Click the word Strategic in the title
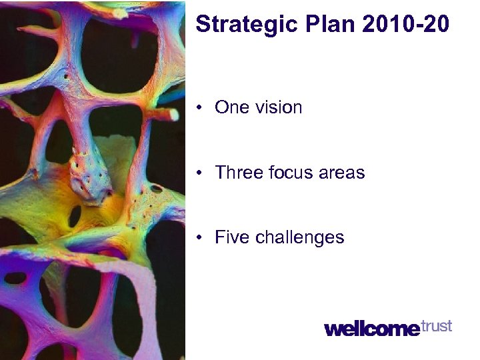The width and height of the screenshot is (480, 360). point(245,25)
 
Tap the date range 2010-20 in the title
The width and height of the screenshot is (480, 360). point(406,25)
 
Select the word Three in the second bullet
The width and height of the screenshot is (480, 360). point(235,173)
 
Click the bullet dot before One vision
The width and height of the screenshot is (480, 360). point(200,108)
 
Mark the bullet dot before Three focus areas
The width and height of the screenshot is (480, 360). point(200,173)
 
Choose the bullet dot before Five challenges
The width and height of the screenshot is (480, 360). point(200,238)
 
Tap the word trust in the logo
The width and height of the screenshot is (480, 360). point(437,326)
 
